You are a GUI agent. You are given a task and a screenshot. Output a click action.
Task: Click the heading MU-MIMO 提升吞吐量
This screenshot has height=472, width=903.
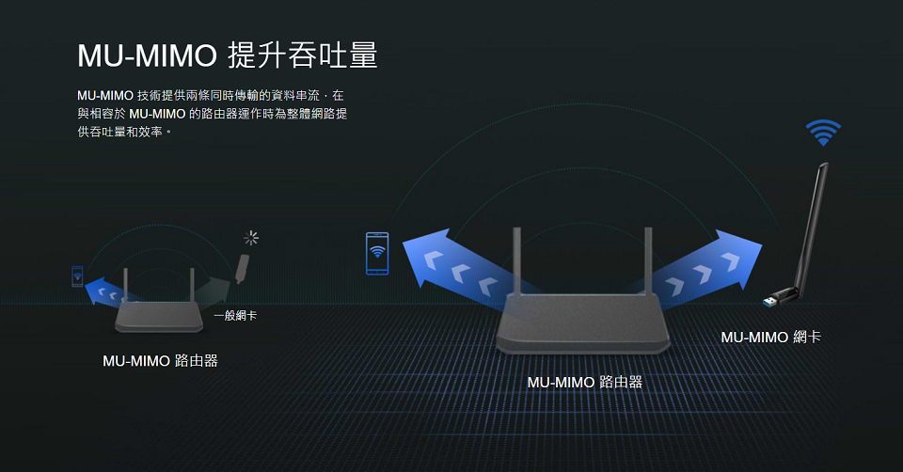227,55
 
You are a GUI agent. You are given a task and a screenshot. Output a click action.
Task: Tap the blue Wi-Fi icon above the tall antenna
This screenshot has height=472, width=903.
823,133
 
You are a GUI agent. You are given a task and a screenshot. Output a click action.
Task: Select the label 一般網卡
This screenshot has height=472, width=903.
234,316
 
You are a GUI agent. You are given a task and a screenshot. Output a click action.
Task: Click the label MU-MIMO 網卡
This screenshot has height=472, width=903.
770,337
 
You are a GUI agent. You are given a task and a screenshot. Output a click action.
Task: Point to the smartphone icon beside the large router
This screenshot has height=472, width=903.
377,253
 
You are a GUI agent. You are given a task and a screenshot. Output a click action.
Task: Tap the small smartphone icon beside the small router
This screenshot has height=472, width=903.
77,276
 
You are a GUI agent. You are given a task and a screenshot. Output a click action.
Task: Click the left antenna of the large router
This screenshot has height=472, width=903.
516,260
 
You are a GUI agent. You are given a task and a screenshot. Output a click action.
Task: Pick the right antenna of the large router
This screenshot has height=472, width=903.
648,260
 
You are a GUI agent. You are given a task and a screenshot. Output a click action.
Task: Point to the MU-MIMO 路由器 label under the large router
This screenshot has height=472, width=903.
584,382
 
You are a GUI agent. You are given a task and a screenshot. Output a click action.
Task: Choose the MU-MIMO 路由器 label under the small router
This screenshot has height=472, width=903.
160,360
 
